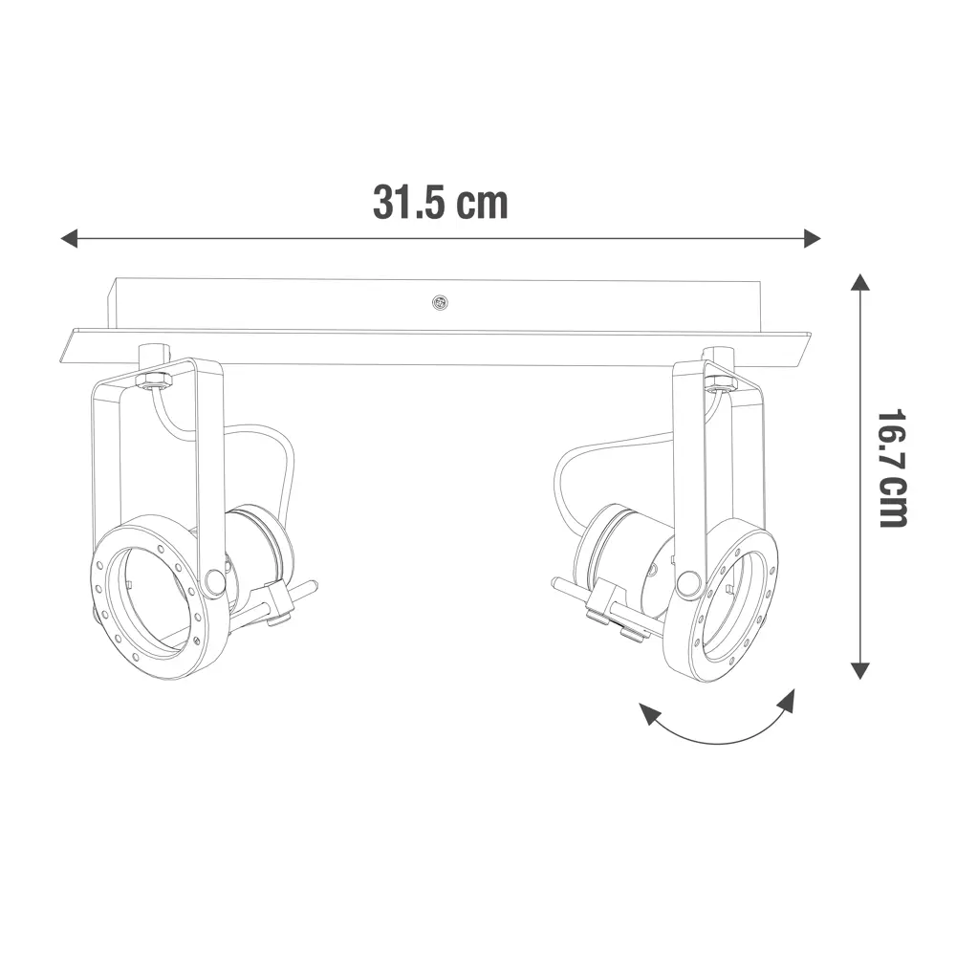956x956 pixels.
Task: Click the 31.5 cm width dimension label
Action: point(440,202)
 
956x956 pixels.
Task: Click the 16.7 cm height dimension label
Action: point(893,467)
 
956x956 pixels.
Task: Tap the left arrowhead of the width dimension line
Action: point(69,238)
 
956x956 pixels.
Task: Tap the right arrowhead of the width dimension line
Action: point(813,238)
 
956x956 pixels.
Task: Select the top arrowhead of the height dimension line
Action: point(860,283)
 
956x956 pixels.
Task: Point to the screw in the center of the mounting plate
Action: point(440,303)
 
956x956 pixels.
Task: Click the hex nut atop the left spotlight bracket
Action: point(152,380)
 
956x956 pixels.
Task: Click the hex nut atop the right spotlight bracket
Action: point(719,383)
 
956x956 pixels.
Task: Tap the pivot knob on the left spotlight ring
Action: point(215,580)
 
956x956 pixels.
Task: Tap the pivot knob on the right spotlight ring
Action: point(686,583)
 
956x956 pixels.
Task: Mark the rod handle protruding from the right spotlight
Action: point(566,585)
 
